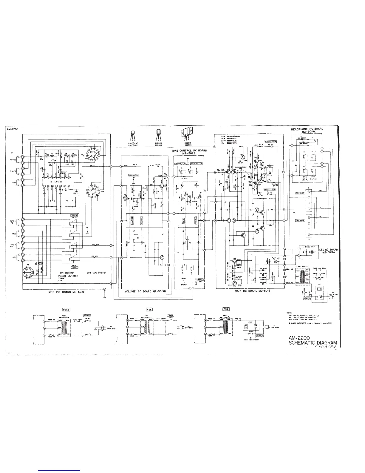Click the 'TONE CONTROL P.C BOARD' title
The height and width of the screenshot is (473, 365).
(189, 151)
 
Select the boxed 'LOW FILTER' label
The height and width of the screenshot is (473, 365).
(180, 164)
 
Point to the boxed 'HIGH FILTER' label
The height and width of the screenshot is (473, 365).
(196, 164)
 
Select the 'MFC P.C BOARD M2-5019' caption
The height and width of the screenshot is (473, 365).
(66, 292)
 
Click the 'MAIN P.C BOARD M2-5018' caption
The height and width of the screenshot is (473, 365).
(253, 291)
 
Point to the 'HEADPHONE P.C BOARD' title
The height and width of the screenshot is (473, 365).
(307, 129)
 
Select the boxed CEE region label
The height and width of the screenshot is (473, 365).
(149, 309)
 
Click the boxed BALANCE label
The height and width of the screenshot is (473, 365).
(132, 221)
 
